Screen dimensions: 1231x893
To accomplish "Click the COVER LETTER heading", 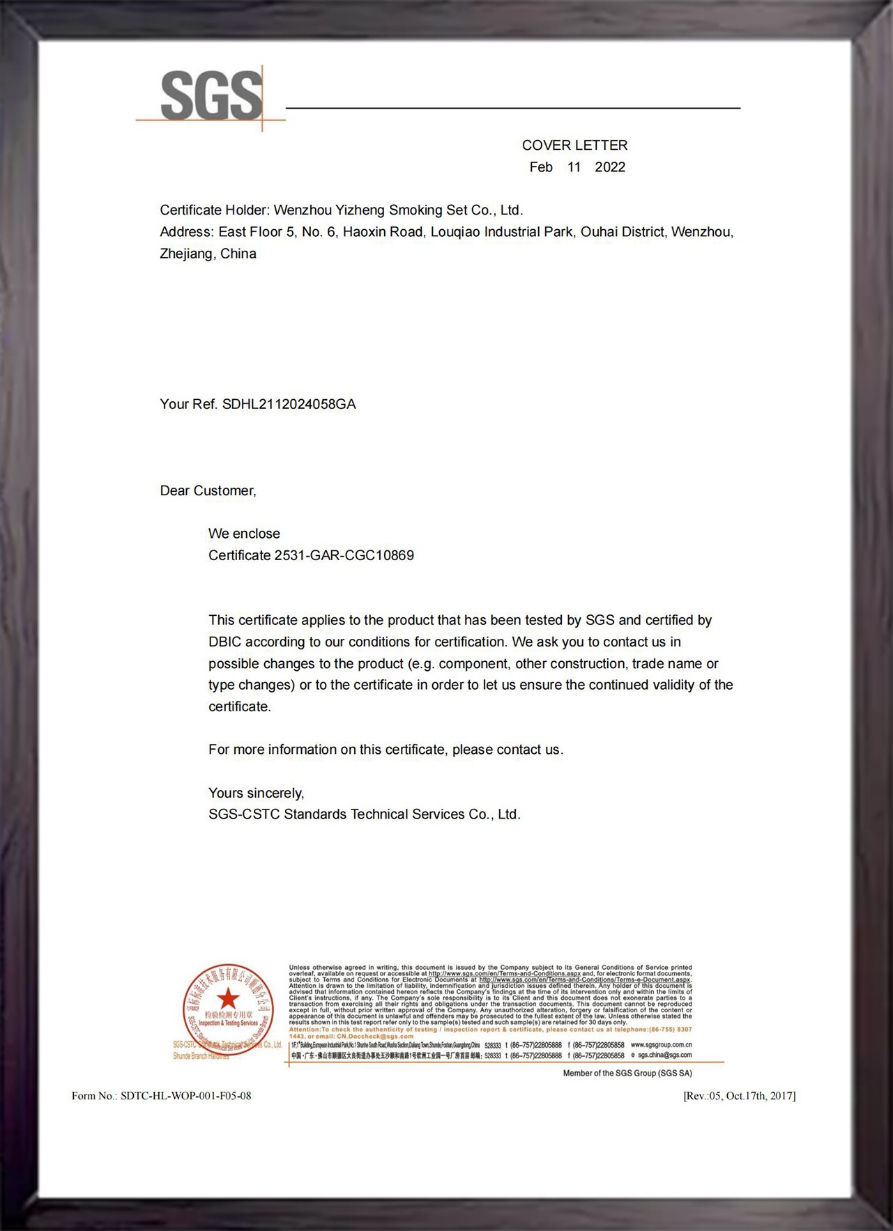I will [574, 146].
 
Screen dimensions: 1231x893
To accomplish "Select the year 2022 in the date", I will [610, 167].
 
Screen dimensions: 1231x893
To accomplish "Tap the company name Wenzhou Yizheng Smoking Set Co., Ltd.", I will [397, 210].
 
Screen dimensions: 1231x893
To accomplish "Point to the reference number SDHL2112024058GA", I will [289, 404].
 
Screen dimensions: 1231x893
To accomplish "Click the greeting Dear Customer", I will [208, 491].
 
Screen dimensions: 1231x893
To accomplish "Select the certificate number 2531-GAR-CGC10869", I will [344, 555].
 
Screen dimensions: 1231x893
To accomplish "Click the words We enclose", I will [244, 534].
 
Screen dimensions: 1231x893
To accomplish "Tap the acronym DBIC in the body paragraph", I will [223, 642].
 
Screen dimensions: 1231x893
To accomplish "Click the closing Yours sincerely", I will [256, 793].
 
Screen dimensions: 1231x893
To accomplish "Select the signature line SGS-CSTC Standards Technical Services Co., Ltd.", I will [364, 814].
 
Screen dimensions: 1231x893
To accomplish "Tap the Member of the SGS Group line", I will [627, 1074].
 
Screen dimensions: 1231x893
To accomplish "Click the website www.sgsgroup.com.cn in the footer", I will [661, 1045].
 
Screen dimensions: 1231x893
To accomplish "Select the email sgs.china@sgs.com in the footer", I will [664, 1055].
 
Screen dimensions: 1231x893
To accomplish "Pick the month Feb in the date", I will [541, 167].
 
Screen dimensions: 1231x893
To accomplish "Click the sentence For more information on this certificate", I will [386, 750].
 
